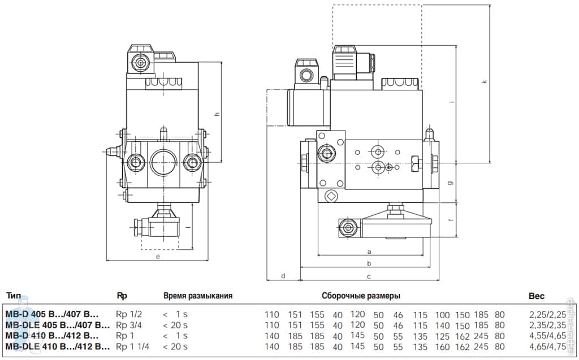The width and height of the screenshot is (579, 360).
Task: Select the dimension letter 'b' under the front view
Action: pos(369,263)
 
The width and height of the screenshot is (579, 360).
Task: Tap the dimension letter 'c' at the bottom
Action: pos(369,276)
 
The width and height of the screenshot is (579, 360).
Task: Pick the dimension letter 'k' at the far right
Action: pos(484,82)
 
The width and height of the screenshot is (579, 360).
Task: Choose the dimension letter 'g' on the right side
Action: pos(450,182)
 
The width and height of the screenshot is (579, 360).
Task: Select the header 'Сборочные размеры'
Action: pos(361,296)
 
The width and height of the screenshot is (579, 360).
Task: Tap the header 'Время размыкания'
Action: pos(198,296)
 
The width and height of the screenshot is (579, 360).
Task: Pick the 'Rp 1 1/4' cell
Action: pos(132,346)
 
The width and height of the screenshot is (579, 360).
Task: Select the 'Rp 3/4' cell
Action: pos(128,325)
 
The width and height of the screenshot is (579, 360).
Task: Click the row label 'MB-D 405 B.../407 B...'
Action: pos(52,315)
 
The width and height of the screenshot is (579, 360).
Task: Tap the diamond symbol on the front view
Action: pos(331,196)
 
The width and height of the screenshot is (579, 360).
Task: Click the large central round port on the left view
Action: pos(165,162)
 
